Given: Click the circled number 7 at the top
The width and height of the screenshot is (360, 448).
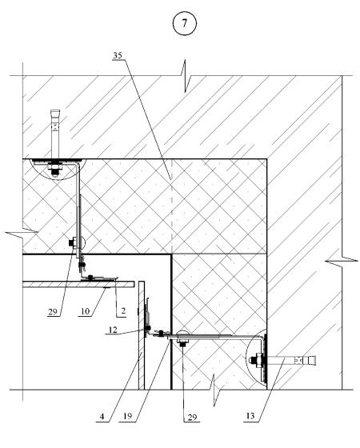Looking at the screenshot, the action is tap(185, 23).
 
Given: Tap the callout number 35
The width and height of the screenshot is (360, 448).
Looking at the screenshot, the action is tap(118, 55).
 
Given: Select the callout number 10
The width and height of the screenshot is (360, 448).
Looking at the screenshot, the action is tap(86, 311).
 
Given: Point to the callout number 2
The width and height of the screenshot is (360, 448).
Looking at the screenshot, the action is tap(123, 311).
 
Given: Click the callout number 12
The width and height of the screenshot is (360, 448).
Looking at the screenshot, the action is tap(113, 330).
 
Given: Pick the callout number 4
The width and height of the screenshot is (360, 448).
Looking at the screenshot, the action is tap(102, 417).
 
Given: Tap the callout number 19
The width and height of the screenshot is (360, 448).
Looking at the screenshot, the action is tap(128, 416).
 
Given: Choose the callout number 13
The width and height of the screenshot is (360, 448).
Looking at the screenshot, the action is tap(250, 416).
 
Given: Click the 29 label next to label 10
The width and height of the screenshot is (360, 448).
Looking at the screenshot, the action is tap(53, 311).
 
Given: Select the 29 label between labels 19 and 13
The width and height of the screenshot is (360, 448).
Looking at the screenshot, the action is tap(192, 418).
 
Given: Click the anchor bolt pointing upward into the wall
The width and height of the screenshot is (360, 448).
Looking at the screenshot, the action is tap(55, 134).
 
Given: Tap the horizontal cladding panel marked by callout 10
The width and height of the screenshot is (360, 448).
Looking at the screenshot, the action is tap(78, 284).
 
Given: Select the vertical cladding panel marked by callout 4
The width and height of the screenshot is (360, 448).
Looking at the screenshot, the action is tap(142, 335).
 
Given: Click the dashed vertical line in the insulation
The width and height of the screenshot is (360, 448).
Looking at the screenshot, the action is tap(171, 206).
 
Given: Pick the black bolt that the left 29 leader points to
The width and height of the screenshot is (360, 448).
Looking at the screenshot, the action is tap(71, 243).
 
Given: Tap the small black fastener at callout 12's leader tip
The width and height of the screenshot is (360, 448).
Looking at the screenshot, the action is tap(148, 328).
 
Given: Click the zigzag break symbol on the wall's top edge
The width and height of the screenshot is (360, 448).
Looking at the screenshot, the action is tap(185, 76).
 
